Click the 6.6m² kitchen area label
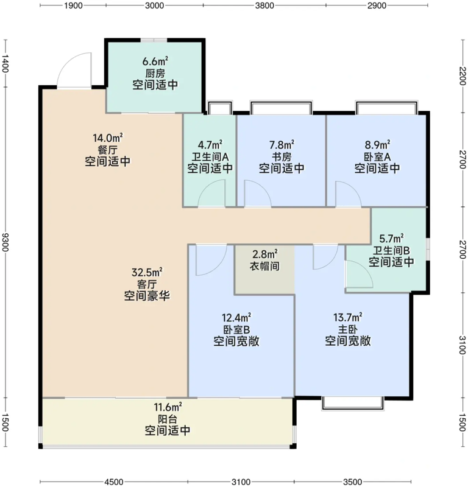click(155, 61)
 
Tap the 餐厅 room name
click(107, 150)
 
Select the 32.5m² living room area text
click(147, 272)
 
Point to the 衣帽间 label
click(264, 266)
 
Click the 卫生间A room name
click(210, 156)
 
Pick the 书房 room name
click(282, 156)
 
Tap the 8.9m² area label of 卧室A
click(378, 145)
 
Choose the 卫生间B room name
click(391, 250)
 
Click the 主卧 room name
click(348, 329)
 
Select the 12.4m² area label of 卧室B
click(236, 318)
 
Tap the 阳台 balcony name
click(168, 419)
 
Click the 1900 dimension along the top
click(73, 5)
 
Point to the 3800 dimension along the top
click(264, 5)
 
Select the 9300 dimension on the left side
click(5, 242)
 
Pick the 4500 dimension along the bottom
click(114, 482)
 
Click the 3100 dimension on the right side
click(463, 345)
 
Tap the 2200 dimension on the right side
click(463, 75)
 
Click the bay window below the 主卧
click(353, 404)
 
